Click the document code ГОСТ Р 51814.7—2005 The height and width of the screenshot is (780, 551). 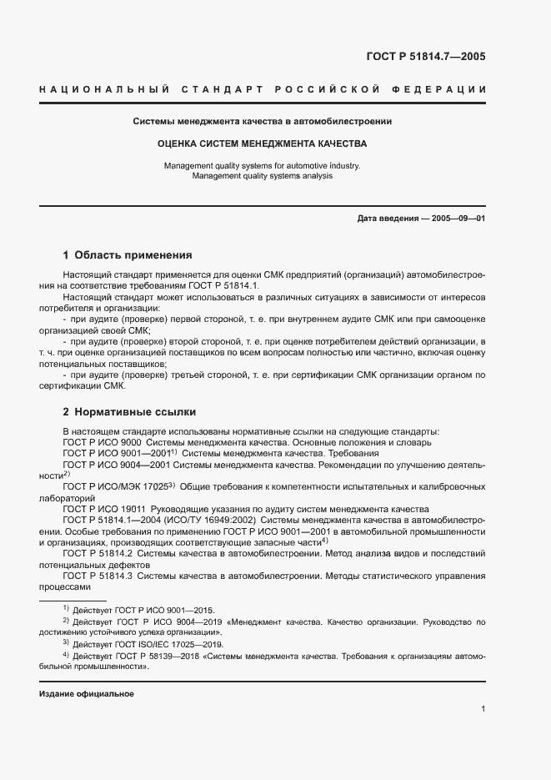425,58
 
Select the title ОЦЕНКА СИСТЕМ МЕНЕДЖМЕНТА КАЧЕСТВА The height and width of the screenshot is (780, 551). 263,143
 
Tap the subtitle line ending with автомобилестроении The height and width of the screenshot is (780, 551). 263,122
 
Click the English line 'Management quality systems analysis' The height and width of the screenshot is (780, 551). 263,176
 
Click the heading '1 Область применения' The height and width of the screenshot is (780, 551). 128,255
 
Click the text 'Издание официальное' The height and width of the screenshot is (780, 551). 87,694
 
